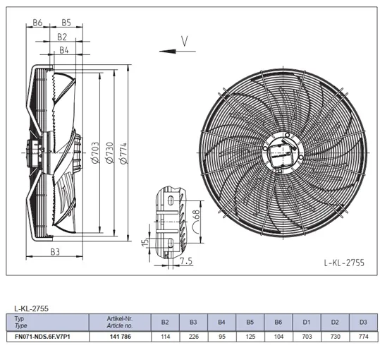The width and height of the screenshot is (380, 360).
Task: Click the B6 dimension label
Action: [37, 23]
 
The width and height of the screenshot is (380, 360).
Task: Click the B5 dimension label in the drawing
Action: [66, 23]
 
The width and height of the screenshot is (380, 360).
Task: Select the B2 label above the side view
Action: [62, 37]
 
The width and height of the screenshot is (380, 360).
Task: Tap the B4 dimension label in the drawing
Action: [64, 50]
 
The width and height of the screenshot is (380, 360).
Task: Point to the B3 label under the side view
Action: [55, 252]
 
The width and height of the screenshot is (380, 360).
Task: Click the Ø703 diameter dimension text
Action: [95, 152]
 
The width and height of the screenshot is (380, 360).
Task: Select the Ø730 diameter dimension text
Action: [109, 152]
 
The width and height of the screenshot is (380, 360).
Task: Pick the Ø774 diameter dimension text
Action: [123, 153]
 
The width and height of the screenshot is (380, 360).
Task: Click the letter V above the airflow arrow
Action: [185, 41]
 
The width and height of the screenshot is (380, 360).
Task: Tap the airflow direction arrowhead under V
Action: [168, 52]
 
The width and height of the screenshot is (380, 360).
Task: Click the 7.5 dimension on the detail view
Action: [186, 261]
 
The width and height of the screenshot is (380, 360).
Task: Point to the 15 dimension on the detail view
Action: [145, 242]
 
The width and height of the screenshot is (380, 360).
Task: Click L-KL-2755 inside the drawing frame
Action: [344, 263]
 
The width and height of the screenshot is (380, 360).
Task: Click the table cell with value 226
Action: [193, 337]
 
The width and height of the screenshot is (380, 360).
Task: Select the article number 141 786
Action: [120, 337]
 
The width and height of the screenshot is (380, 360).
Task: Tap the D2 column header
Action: [335, 322]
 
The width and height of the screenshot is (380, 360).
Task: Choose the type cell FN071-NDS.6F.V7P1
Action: [42, 337]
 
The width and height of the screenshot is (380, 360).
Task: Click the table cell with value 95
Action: [222, 337]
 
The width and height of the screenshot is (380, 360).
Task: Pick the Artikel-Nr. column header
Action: [120, 318]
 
